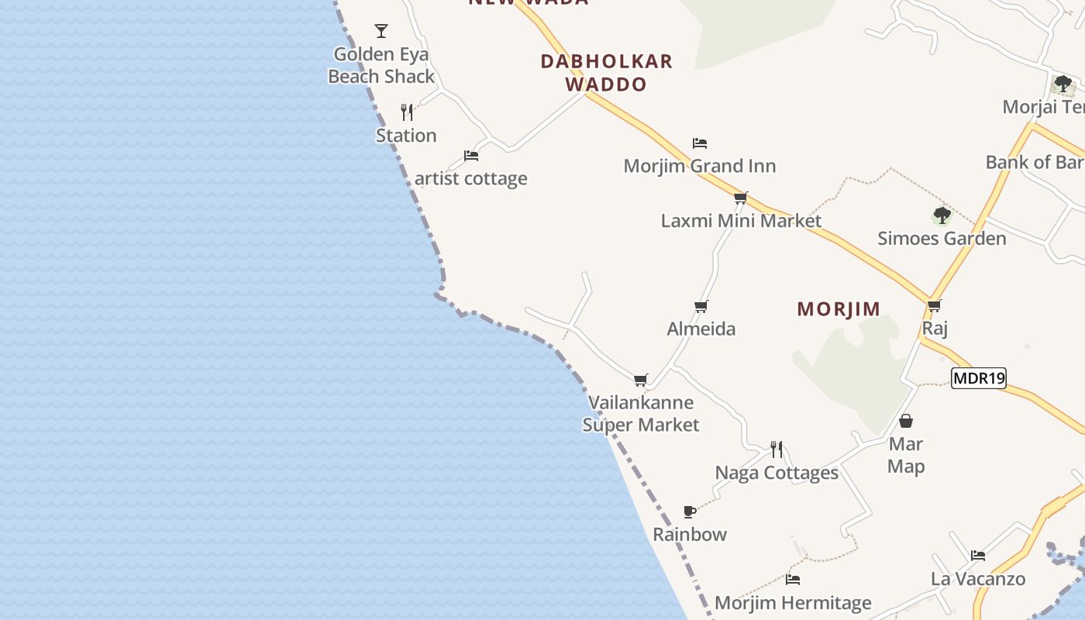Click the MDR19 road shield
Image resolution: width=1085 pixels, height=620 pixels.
pyautogui.click(x=978, y=378)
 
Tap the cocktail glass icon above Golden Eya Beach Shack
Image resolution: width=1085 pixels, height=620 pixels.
pyautogui.click(x=381, y=31)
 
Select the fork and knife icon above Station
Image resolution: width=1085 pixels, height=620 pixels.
pyautogui.click(x=407, y=112)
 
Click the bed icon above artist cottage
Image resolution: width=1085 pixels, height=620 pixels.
pyautogui.click(x=471, y=155)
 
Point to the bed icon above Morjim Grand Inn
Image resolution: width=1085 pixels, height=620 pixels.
pyautogui.click(x=700, y=143)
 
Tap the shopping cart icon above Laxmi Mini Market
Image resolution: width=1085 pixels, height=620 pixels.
pyautogui.click(x=741, y=198)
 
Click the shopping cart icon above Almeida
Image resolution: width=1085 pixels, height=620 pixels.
pyautogui.click(x=701, y=306)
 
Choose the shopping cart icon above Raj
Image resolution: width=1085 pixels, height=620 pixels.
pyautogui.click(x=935, y=305)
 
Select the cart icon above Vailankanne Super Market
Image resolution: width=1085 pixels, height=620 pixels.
pyautogui.click(x=641, y=380)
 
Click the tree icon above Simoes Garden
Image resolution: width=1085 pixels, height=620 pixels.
pyautogui.click(x=942, y=215)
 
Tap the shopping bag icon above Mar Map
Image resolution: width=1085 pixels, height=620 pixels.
pyautogui.click(x=906, y=421)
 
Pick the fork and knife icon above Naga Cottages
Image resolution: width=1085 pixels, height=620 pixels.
pyautogui.click(x=777, y=449)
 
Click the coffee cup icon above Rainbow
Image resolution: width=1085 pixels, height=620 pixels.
pyautogui.click(x=690, y=511)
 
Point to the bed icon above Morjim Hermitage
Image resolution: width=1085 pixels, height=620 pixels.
pyautogui.click(x=793, y=580)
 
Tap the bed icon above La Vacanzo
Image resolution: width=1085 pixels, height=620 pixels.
pyautogui.click(x=978, y=556)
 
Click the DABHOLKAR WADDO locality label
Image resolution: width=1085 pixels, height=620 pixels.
pyautogui.click(x=607, y=72)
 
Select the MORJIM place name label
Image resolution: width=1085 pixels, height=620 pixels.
pyautogui.click(x=839, y=309)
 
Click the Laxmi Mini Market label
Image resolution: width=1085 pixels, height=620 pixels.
pyautogui.click(x=741, y=221)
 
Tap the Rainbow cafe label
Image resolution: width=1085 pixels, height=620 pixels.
pyautogui.click(x=690, y=535)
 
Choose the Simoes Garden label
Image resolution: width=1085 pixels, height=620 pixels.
pyautogui.click(x=942, y=239)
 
